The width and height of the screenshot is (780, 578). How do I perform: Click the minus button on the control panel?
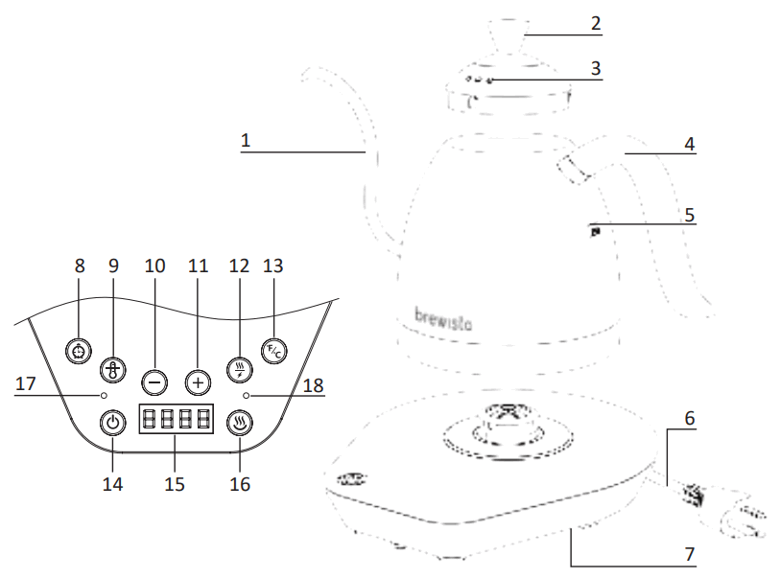point(154,381)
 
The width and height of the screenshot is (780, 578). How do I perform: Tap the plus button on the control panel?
point(198,381)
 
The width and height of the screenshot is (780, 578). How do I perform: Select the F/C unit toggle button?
point(274,351)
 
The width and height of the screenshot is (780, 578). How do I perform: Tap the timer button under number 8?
point(78,352)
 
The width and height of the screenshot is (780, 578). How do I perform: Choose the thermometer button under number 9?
point(113,370)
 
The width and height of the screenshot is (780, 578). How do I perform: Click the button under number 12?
point(239,369)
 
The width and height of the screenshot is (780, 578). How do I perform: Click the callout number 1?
point(246,140)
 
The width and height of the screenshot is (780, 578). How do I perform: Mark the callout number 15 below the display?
point(174,483)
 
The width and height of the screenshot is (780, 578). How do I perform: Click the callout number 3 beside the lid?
point(596,69)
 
